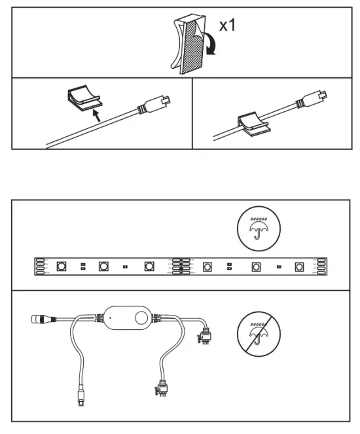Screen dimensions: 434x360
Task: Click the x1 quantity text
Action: pos(228,27)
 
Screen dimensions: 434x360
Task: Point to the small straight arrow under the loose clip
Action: pos(97,115)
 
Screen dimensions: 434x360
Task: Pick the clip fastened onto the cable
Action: pos(249,122)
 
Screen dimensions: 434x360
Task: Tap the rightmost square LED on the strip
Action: pos(299,267)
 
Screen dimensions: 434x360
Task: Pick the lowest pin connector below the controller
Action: pos(162,388)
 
